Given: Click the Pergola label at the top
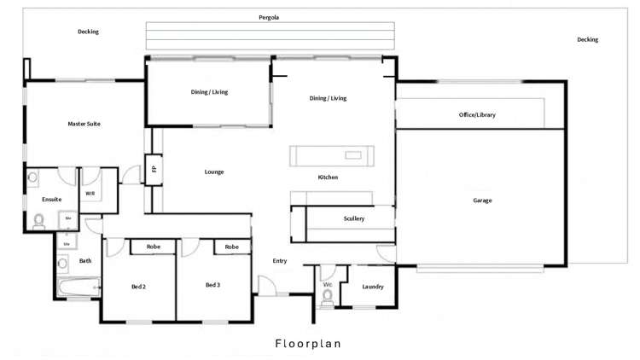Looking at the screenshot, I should pos(270,17).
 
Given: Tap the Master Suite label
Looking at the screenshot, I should pos(84,124).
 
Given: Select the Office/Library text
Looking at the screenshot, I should pos(476,114).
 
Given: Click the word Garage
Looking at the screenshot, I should pos(482,200).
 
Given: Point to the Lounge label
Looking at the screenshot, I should pos(213,171).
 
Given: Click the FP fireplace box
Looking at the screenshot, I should pos(154,169).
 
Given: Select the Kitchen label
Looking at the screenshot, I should pos(328,177).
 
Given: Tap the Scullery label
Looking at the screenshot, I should pos(354,219).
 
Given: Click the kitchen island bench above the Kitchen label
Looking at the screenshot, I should pos(332,155).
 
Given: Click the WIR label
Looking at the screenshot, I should pos(90,193).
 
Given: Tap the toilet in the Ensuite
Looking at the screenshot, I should pos(38,221).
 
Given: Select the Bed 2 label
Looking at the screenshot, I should pos(138,286).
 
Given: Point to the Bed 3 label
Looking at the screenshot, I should pos(213,284).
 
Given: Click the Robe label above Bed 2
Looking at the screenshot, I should pos(154,247).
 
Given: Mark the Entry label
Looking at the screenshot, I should pos(279,261).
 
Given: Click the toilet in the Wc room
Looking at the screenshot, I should pos(327,296).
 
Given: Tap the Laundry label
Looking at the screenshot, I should pos(373,287).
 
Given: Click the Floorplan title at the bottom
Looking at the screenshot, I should pos(307,344).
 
